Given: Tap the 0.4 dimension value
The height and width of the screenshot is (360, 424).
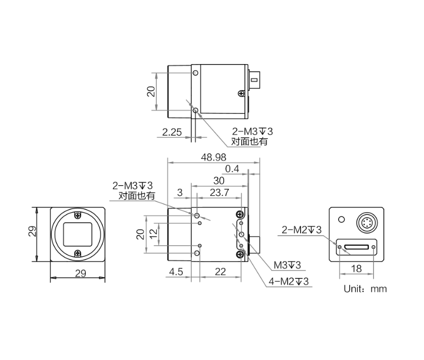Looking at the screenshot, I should (233, 169).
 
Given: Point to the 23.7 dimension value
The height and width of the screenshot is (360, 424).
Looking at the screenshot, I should (220, 192).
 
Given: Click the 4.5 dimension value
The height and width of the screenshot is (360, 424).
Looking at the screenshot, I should (176, 272).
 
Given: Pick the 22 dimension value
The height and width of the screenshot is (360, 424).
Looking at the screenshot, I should (220, 272).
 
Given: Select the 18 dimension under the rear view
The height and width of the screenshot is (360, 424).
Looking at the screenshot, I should (357, 268).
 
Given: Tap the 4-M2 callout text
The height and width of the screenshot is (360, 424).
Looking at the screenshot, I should (288, 281).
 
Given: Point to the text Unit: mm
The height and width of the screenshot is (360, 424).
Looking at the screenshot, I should (365, 289).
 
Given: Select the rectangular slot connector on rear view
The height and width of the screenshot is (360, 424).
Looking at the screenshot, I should (357, 247).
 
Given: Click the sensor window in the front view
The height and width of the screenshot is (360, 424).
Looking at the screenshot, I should (78, 233).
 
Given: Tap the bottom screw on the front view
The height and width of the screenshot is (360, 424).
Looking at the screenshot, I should (78, 253).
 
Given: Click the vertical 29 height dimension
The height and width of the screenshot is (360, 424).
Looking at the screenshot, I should (32, 233).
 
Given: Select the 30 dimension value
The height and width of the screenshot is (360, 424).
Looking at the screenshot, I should (218, 181).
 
